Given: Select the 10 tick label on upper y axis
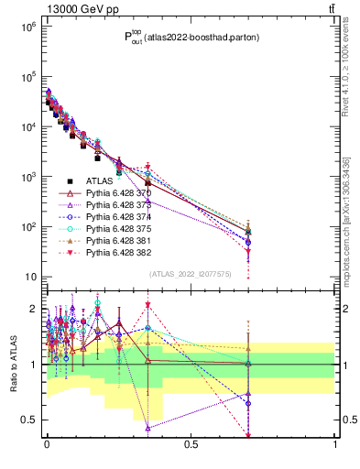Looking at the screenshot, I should [27, 277].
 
